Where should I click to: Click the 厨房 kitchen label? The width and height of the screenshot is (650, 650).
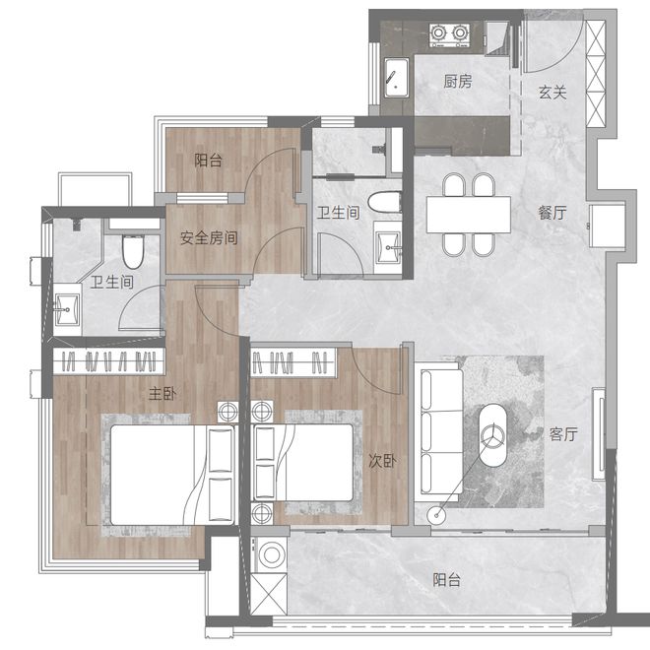(x=458, y=81)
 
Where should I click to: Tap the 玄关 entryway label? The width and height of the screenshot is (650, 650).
(x=552, y=92)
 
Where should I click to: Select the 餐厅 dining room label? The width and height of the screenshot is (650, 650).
(x=552, y=213)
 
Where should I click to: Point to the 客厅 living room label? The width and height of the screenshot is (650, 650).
(x=563, y=434)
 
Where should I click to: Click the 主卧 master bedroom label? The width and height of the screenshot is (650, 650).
(x=162, y=393)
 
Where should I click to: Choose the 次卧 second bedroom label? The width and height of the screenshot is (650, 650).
(x=382, y=461)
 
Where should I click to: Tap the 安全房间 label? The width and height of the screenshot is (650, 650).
(x=209, y=238)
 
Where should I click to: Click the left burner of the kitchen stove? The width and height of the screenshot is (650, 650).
(x=438, y=32)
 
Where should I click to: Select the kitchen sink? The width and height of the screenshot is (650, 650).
(x=396, y=78)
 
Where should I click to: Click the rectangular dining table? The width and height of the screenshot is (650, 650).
(x=469, y=215)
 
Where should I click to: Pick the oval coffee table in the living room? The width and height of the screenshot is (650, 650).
(x=492, y=435)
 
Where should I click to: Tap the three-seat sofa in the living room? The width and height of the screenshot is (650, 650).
(x=439, y=429)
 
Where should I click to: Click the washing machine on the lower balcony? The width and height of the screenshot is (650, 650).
(x=271, y=555)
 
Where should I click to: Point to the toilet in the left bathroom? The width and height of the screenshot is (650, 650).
(x=133, y=251)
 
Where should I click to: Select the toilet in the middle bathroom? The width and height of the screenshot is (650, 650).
(x=385, y=202)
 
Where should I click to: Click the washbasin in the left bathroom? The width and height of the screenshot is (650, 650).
(x=67, y=309)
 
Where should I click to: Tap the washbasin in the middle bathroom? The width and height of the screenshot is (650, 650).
(x=388, y=247)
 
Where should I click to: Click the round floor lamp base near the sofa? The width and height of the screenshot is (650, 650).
(x=436, y=515)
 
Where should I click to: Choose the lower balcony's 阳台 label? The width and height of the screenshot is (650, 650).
(x=447, y=580)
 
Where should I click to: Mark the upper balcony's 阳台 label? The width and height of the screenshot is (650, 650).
(x=209, y=161)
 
